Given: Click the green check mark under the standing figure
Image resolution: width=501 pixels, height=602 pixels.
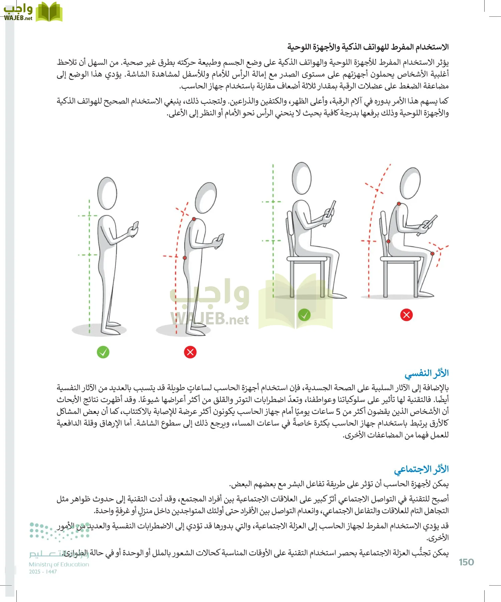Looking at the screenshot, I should (103, 352).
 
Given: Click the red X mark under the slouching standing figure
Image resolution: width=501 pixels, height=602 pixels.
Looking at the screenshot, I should (190, 352).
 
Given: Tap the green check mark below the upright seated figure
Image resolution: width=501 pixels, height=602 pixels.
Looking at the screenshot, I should (304, 315).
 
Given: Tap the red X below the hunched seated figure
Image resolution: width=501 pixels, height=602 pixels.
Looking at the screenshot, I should (406, 315).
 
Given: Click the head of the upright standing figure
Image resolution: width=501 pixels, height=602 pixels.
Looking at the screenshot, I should (107, 193).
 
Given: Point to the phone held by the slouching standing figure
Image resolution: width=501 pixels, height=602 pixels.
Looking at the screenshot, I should (220, 238).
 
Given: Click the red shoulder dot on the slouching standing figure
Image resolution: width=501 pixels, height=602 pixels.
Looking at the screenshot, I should (194, 219).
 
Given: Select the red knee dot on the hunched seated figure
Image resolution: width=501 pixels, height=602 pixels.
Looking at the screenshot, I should (433, 254).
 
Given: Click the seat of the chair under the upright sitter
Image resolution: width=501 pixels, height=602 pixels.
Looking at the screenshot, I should (307, 259).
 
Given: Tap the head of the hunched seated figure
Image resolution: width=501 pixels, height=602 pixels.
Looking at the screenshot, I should (410, 183).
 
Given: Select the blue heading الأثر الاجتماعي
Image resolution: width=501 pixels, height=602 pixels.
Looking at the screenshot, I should (421, 469).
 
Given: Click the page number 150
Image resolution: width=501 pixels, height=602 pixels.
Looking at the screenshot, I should (466, 562).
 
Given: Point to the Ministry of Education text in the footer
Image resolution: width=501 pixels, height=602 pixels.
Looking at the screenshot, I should (59, 565).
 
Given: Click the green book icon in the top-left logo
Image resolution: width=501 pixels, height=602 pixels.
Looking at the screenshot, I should (49, 12).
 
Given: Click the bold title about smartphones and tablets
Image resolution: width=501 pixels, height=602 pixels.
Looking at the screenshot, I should (368, 47).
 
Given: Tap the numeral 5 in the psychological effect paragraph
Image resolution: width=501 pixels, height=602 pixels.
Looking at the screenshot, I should (338, 411).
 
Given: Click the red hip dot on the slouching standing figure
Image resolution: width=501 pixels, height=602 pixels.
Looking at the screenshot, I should (185, 258).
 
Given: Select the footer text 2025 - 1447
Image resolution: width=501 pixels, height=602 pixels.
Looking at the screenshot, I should (43, 572).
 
